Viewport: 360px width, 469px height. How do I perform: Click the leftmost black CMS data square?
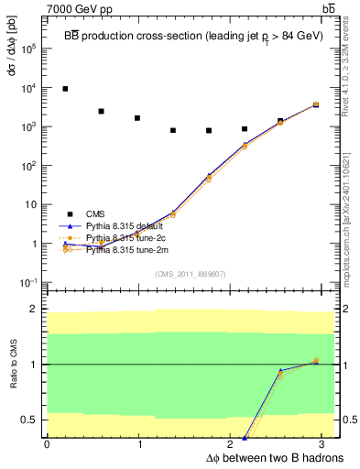tap(65, 89)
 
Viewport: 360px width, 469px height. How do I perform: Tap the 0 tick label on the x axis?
tap(47, 443)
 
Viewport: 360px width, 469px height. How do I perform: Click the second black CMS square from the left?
tap(101, 112)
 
